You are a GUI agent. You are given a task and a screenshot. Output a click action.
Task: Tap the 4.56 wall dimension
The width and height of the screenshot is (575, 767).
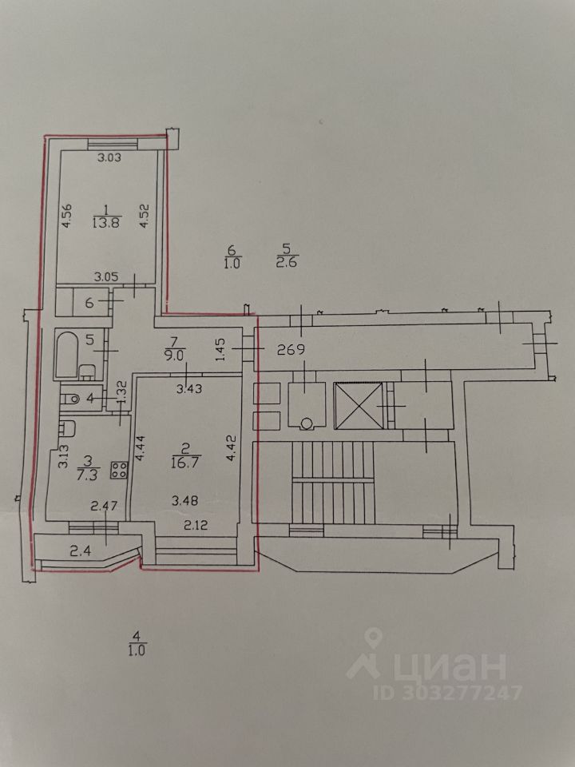coord(67,217)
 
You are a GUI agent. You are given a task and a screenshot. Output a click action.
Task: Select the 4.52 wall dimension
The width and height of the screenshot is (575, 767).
coord(145,216)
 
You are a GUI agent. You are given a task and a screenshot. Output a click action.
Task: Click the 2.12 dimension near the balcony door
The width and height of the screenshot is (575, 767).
coord(196,525)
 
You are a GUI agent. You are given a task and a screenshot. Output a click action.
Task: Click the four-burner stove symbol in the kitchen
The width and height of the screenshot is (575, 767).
coord(121,470)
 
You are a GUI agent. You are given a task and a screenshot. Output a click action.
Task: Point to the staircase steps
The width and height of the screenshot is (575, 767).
coord(334,479)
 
